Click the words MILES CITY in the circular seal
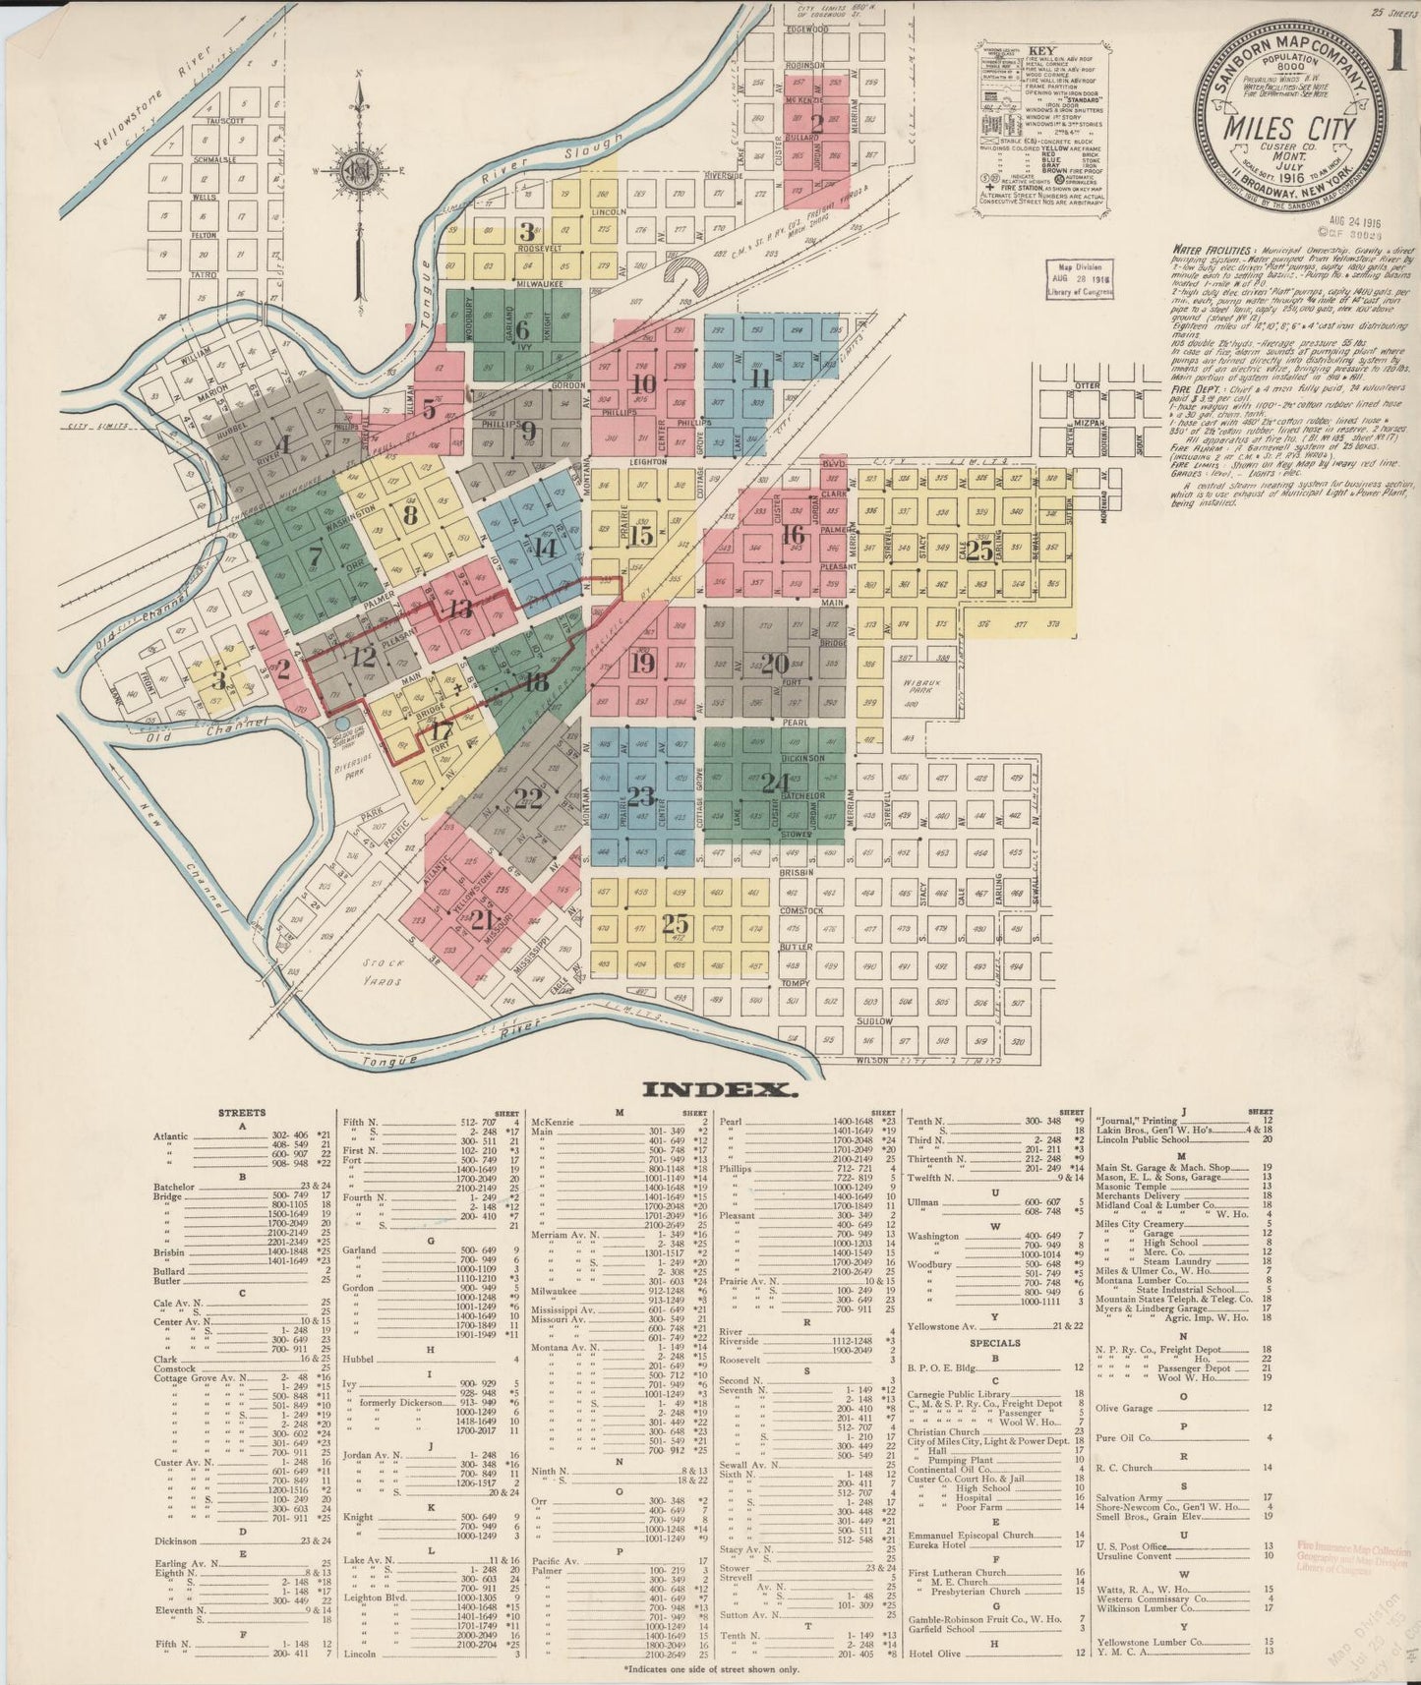(x=1289, y=129)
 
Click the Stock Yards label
(x=379, y=967)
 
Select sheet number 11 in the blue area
(x=759, y=378)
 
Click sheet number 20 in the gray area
(x=775, y=664)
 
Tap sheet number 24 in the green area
(x=775, y=783)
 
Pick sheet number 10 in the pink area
(x=645, y=384)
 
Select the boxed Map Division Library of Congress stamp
(x=1080, y=279)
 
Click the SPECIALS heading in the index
(x=994, y=1342)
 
